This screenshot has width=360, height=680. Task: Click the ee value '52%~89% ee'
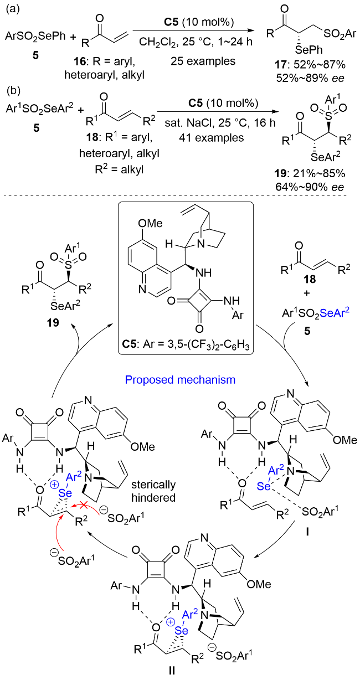(x=306, y=81)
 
